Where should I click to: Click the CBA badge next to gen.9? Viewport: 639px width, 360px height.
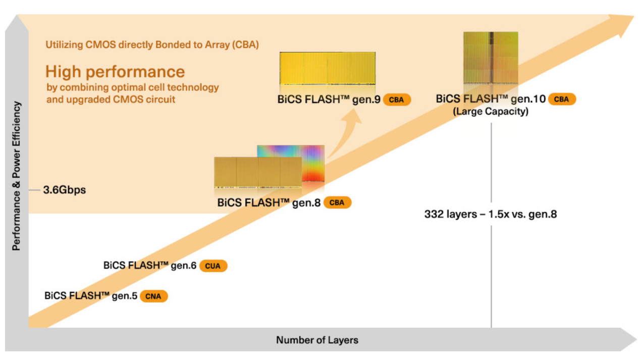coord(397,99)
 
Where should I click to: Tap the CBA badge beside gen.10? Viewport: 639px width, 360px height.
coord(562,99)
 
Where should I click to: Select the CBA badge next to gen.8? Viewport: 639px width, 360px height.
coord(337,202)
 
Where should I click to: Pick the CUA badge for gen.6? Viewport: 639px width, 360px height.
coord(213,266)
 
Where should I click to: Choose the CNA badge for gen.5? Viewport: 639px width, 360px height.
coord(154,296)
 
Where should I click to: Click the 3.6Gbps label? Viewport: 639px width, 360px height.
coord(65,190)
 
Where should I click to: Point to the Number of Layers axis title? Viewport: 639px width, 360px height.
coord(317,340)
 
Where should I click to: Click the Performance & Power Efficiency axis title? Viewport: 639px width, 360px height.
coord(16,176)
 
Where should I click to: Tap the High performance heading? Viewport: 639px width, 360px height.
coord(115,71)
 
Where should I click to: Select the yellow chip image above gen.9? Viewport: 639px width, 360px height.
coord(328,68)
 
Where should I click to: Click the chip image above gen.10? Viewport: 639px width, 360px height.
coord(491,58)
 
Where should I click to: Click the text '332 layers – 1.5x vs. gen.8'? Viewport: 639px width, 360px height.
coord(491,214)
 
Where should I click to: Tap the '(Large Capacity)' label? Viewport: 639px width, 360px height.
coord(491,111)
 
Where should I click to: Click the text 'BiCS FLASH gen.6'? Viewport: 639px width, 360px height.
coord(150,266)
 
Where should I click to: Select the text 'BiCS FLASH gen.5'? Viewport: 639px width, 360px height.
coord(91,296)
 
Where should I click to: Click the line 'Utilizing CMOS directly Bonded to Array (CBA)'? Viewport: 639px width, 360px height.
coord(152,45)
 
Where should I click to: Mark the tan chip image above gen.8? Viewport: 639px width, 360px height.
coord(258,172)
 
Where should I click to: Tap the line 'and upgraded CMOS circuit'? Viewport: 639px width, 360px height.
coord(111,99)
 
